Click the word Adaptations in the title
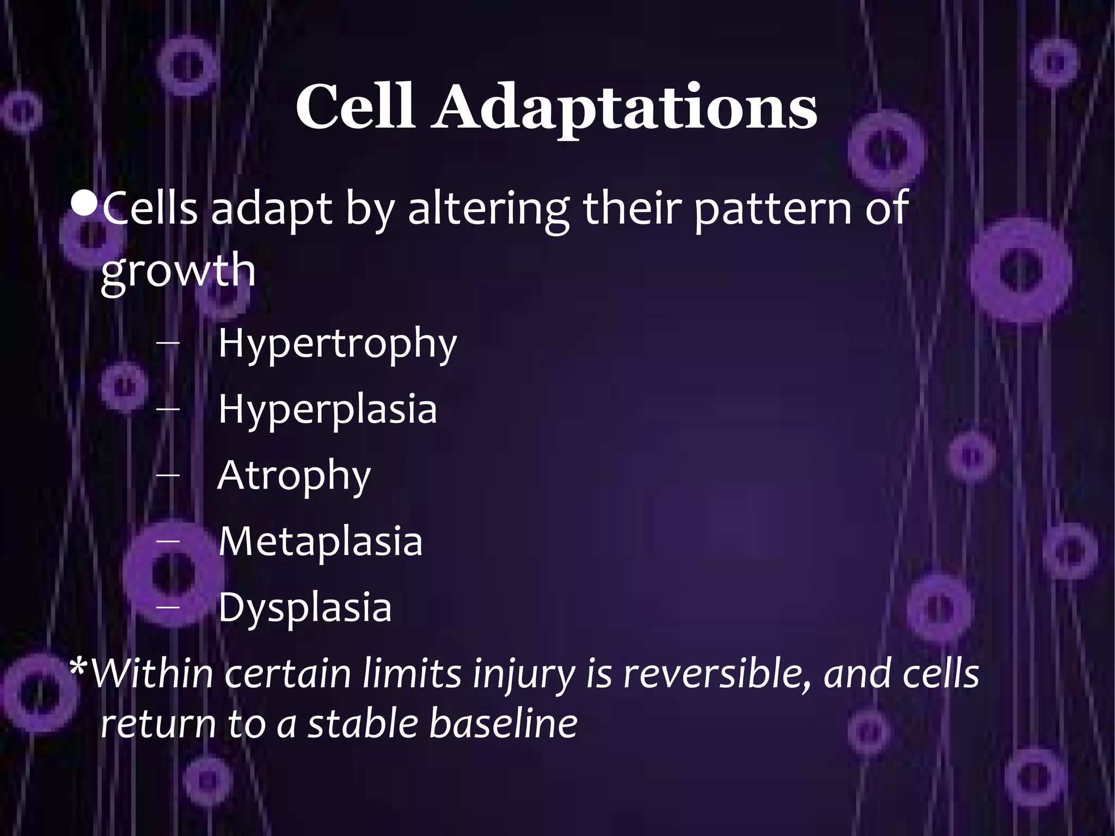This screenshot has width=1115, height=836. pyautogui.click(x=624, y=107)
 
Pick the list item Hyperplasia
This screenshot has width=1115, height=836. pyautogui.click(x=327, y=410)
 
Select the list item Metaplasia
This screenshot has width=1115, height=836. pyautogui.click(x=320, y=541)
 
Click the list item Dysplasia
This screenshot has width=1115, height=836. pyautogui.click(x=304, y=607)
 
